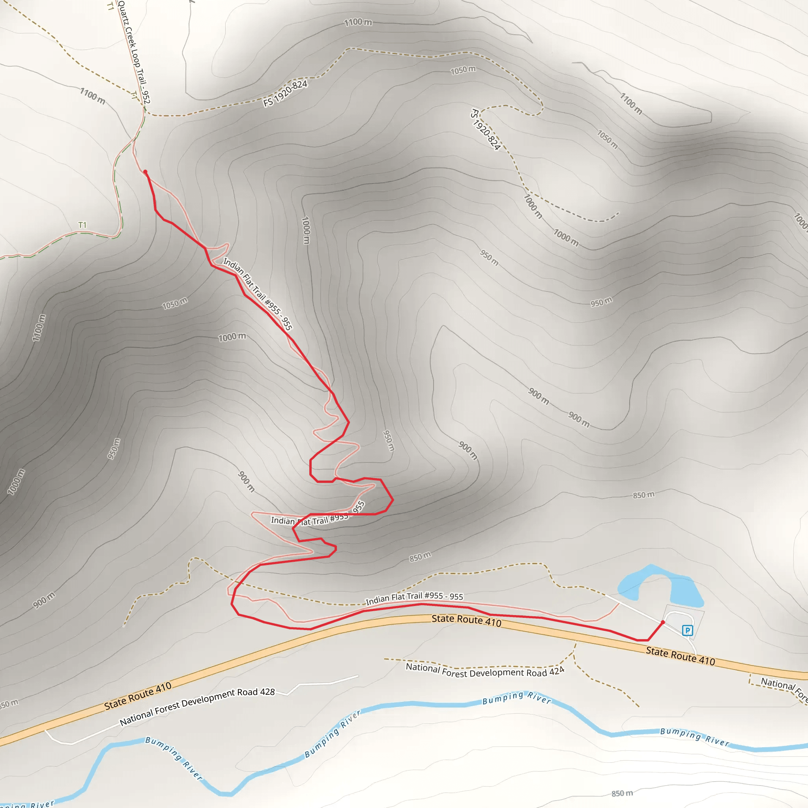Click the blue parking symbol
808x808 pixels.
click(687, 630)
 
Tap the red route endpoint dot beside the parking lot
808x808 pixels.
click(663, 623)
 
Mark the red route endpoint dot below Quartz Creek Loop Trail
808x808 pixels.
click(145, 172)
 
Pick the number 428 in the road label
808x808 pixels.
click(267, 692)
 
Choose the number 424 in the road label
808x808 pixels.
click(557, 671)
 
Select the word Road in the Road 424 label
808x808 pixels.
click(537, 673)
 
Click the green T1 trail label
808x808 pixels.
click(82, 225)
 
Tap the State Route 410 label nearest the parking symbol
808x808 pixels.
click(681, 655)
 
